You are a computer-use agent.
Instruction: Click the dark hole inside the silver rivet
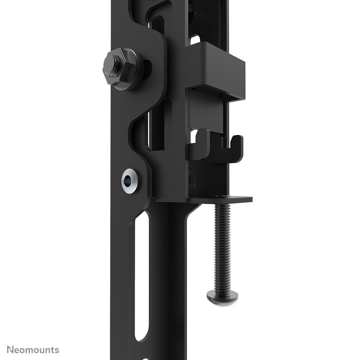click(128, 180)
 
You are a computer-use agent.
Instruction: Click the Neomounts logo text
click(33, 350)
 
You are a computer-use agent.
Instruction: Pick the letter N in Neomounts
click(10, 350)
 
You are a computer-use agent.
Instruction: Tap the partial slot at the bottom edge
click(143, 357)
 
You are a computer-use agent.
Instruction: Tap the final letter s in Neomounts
click(57, 350)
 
